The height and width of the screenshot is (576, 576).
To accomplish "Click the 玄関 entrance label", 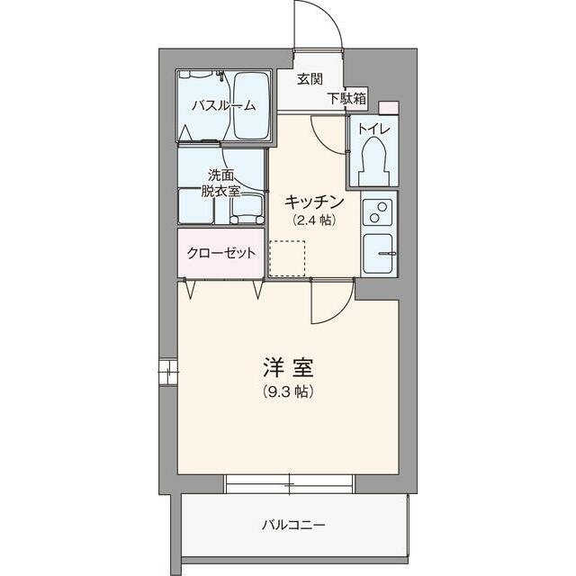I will (x=310, y=78).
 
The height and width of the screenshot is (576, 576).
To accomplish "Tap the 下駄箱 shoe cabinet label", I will (x=346, y=97).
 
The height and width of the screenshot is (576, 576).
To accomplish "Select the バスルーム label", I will (x=222, y=105).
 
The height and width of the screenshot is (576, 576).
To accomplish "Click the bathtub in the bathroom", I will (x=251, y=105).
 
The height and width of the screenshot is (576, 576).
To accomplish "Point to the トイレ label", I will (x=373, y=129).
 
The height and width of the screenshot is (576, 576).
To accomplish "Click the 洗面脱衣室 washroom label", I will (x=220, y=182).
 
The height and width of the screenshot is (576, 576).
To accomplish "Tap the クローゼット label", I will (x=220, y=252).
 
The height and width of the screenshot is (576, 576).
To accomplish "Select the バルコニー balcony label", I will (x=294, y=524).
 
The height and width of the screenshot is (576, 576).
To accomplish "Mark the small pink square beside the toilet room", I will (x=387, y=107).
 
